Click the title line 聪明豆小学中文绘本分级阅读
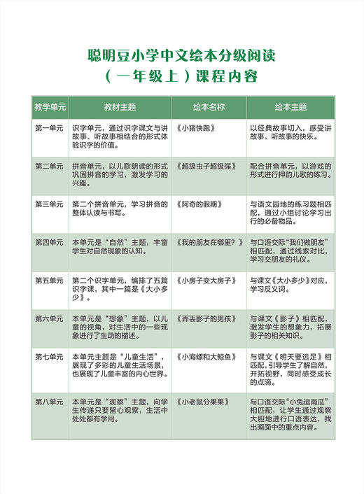181,55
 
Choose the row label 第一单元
49,129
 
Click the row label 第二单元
49,167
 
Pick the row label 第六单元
49,318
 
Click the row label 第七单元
49,356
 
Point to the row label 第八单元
49,402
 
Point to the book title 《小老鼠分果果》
202,402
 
